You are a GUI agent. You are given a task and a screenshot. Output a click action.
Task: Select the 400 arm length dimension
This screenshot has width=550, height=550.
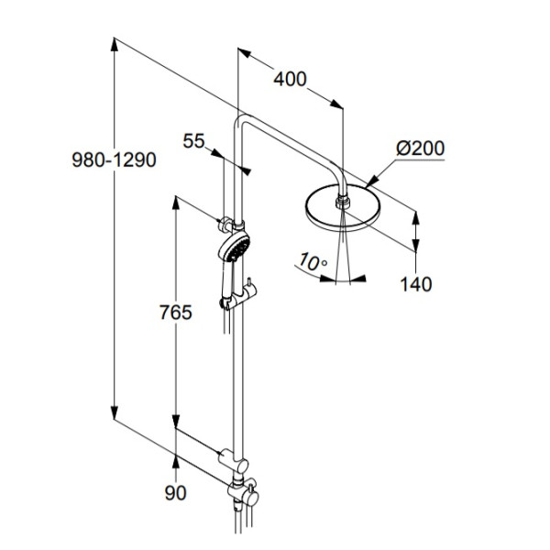290,80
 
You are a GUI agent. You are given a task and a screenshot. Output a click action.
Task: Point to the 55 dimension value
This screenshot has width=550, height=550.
193,140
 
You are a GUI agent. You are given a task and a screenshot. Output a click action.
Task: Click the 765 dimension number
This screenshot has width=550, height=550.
173,313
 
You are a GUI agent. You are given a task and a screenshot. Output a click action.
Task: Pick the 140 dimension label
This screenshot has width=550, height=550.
415,284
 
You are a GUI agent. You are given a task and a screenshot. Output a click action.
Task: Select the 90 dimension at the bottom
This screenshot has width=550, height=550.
174,493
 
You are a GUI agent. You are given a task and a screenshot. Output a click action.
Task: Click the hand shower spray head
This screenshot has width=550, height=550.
234,247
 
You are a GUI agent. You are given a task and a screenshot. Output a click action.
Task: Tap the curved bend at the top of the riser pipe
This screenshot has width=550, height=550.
244,123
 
